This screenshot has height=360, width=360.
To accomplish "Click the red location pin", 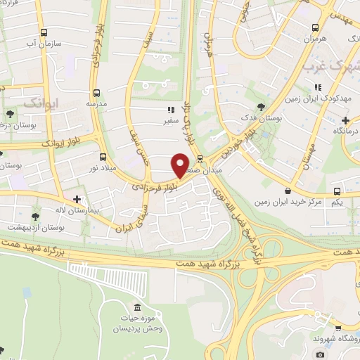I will click(x=181, y=165).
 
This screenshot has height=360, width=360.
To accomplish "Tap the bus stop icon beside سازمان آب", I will click(x=44, y=33).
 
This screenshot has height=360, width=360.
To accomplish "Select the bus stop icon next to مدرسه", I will click(x=97, y=91).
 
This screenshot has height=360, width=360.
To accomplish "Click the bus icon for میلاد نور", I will click(x=103, y=157).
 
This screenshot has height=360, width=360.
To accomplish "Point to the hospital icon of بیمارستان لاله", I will click(x=77, y=200).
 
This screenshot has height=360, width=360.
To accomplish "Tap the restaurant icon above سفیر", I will click(x=171, y=110).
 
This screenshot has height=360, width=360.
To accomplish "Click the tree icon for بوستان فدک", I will click(x=261, y=108).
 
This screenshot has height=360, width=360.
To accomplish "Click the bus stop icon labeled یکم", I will click(x=337, y=191).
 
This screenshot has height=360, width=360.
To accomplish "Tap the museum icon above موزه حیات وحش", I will click(x=136, y=310).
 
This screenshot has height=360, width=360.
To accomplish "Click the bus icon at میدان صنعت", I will click(x=200, y=158).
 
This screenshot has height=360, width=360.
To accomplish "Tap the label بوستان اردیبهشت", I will click(x=35, y=228).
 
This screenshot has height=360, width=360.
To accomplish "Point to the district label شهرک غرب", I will click(x=330, y=67).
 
